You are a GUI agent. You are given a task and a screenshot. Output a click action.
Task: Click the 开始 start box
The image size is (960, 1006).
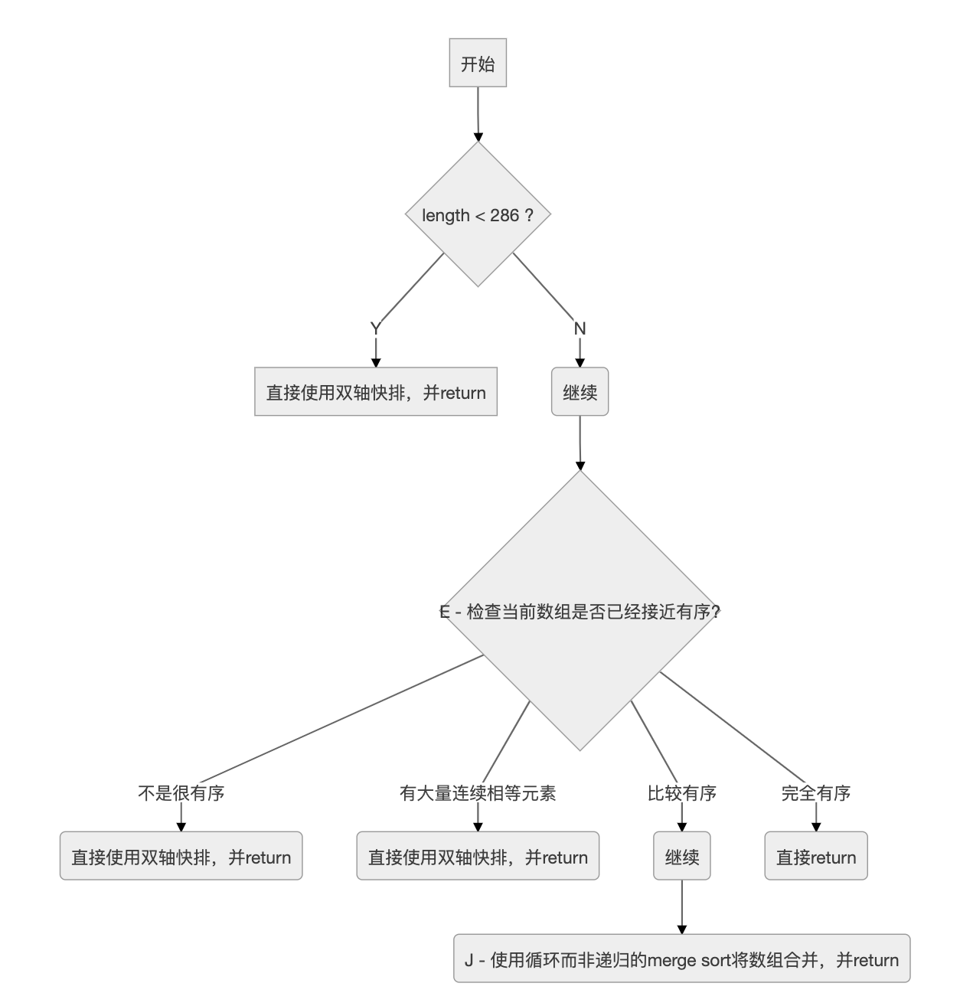(x=478, y=63)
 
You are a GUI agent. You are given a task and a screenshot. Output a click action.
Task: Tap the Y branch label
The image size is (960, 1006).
(x=375, y=328)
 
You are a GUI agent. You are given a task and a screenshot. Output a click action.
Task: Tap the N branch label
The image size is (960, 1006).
(x=580, y=328)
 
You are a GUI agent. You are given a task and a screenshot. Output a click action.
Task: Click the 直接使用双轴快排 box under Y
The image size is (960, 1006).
(x=376, y=392)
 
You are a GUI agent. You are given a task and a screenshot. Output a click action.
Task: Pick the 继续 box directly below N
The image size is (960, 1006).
(x=580, y=392)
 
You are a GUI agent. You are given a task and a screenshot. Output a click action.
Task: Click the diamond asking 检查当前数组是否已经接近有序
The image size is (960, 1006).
(x=580, y=611)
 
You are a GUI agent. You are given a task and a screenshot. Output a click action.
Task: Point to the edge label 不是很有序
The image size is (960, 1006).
(x=181, y=793)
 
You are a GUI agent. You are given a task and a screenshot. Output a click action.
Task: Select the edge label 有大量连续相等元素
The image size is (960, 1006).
(x=478, y=793)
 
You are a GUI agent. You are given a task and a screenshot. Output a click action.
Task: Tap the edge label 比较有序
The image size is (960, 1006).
(x=681, y=793)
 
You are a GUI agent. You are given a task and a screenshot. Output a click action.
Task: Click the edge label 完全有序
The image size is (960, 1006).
(x=816, y=793)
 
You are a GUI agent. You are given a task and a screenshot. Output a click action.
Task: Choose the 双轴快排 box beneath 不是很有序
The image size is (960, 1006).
(x=181, y=856)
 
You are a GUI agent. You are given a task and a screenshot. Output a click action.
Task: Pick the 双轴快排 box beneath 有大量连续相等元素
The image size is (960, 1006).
(x=478, y=856)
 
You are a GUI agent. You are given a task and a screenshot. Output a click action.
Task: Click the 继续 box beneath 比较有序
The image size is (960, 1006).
(x=681, y=856)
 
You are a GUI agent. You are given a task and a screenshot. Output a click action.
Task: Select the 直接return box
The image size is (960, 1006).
(x=816, y=856)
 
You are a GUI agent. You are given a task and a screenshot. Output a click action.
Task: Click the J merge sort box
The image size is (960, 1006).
(x=681, y=959)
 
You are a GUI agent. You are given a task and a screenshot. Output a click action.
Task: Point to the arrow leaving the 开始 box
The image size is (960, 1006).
(x=478, y=115)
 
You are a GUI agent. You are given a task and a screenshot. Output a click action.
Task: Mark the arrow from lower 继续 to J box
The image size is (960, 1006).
(x=681, y=907)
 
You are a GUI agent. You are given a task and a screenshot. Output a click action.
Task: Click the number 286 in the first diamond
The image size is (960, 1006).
(x=504, y=216)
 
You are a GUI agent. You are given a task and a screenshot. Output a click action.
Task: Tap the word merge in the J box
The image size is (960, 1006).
(x=671, y=959)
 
